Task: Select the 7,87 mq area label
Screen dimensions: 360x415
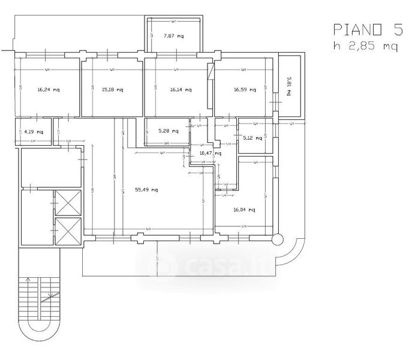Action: click(x=175, y=35)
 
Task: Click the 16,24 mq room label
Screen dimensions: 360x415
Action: click(x=48, y=90)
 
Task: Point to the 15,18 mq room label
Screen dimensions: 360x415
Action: click(x=112, y=90)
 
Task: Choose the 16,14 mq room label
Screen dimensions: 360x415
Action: click(x=181, y=90)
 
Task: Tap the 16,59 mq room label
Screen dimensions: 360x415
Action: click(x=245, y=90)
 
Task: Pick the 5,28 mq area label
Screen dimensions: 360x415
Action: click(x=168, y=130)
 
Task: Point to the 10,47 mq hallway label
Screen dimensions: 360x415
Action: click(x=208, y=154)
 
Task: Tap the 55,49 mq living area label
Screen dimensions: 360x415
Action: click(x=146, y=190)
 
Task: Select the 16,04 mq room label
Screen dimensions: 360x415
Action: click(x=244, y=210)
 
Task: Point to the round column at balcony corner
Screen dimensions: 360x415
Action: click(x=276, y=239)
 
